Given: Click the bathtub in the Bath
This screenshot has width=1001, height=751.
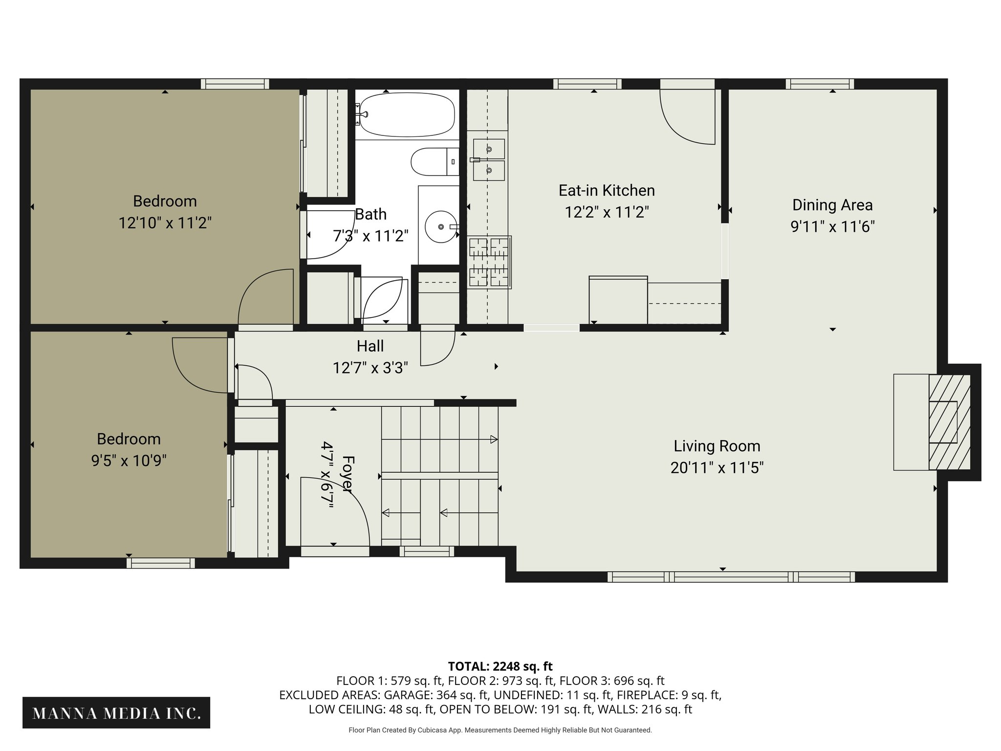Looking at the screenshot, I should coord(406,115).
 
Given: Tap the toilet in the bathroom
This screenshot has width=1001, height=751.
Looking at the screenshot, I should coord(433,162).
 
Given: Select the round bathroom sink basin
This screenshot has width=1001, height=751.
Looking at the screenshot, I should coord(441,227).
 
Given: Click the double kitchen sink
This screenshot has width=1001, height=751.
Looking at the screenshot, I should coord(489,160).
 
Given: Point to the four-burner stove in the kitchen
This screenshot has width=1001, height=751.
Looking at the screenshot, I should coord(489,262).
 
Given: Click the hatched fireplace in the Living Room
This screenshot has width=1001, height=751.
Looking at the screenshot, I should coord(949,422).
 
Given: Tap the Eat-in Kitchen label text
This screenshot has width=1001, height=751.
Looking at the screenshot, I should coord(607,191).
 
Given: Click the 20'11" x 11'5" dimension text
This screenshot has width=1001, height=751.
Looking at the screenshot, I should coord(717,468).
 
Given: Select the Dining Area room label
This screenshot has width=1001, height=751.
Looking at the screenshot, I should coord(832,205).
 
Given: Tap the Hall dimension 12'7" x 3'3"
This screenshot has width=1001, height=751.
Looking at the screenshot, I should coord(370,368).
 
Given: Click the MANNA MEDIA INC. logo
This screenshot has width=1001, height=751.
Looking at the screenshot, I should coord(116,713).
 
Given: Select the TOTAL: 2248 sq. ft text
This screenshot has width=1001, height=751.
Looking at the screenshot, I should coord(500,666).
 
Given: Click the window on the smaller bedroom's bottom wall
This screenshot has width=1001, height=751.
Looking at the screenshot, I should coord(161,563).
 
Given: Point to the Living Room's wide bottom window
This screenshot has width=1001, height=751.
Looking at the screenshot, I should coord(731,577).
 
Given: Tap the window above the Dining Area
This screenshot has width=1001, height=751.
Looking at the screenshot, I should coord(820,84).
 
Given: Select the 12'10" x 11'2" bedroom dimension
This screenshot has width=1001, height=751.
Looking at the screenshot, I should coord(165,223).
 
